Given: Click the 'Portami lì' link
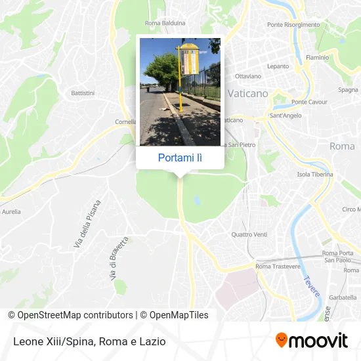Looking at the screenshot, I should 180,158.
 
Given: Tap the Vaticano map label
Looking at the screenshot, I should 247,94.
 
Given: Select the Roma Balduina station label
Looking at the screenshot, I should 165,23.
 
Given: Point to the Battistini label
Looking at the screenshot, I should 83,93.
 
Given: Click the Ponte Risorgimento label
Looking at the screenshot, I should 293,24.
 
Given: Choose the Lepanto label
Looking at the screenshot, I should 278,66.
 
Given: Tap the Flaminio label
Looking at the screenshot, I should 317,57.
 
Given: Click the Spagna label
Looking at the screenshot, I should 348,89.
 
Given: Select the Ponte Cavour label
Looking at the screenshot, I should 309,102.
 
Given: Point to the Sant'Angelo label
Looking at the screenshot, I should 286,116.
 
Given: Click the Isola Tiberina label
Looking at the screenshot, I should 315,175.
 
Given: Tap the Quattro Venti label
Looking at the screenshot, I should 249,234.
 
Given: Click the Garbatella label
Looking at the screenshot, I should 342,297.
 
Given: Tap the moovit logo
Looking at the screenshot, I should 311,341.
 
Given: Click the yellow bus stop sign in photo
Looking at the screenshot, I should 189,59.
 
